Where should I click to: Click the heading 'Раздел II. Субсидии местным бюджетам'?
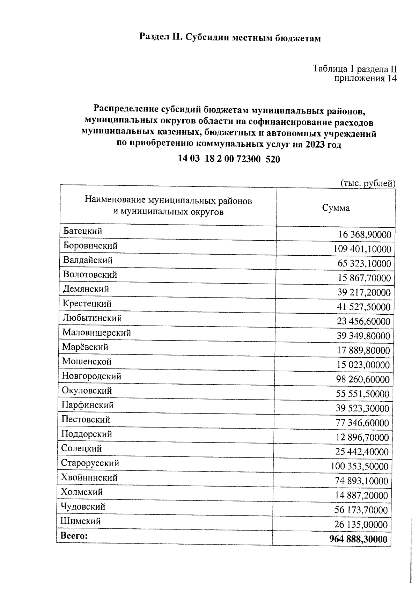[230, 37]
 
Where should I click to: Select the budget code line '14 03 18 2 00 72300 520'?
[229, 159]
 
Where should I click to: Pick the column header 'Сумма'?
[336, 208]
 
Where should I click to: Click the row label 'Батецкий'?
[82, 231]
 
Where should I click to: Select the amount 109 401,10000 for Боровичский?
[362, 249]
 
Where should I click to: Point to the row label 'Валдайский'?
[88, 260]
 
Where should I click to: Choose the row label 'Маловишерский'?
[96, 333]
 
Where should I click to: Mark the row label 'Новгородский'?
[91, 376]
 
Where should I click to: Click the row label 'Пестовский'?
[86, 419]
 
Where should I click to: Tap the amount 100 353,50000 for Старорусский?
[360, 466]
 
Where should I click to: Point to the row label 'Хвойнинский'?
[89, 477]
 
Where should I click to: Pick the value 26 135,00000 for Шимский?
[361, 524]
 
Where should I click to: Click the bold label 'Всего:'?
[74, 536]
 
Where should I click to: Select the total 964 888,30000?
[358, 539]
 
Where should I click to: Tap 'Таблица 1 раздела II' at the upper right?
[354, 68]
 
